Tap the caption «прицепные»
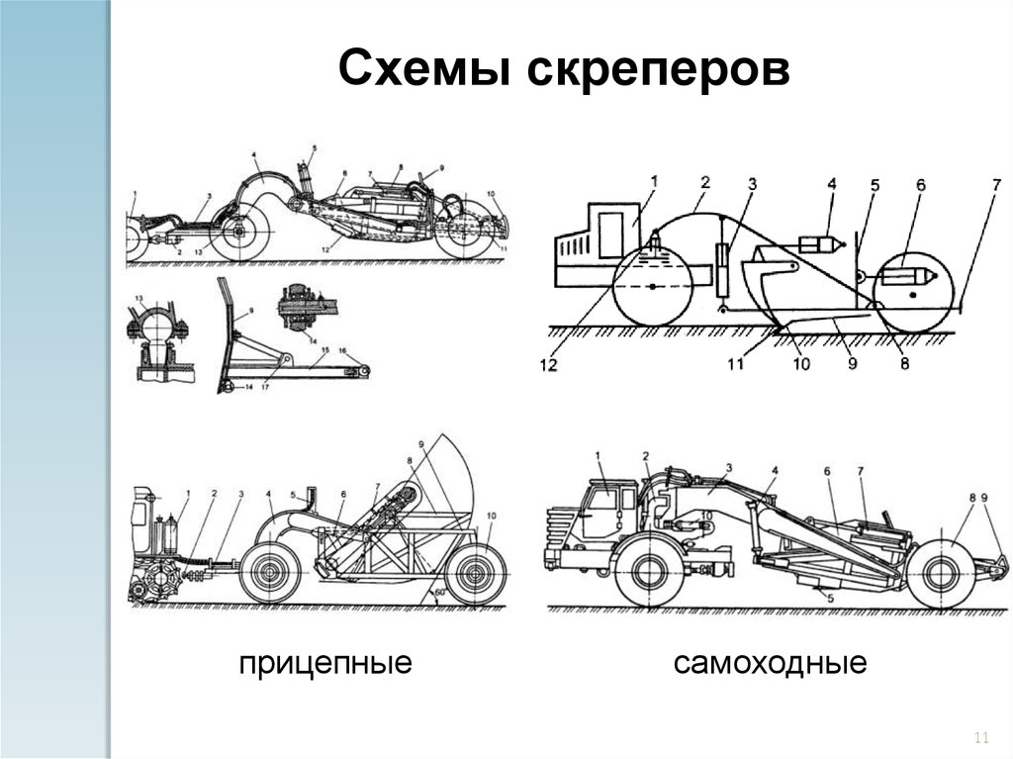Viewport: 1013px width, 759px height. point(324,663)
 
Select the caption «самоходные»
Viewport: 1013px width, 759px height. point(771,663)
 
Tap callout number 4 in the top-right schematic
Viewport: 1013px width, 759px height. point(832,184)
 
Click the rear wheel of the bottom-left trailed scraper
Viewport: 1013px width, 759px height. point(476,573)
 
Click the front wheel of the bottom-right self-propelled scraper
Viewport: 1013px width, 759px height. point(647,572)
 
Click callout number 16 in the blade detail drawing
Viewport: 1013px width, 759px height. point(341,351)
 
